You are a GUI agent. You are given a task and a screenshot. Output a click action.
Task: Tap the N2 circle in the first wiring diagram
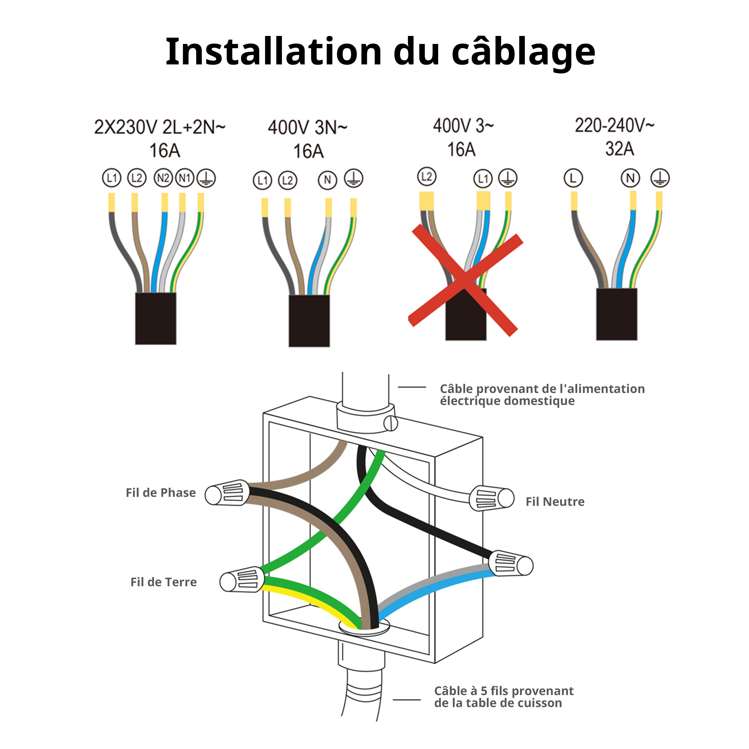(163, 178)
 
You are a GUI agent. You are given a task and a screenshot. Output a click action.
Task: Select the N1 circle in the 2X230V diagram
(185, 178)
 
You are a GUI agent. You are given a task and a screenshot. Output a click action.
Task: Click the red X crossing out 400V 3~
(465, 279)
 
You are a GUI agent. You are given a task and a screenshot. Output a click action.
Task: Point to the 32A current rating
(619, 149)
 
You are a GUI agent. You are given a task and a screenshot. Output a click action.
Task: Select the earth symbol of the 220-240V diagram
(660, 178)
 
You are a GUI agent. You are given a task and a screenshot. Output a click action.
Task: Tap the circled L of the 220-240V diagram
(573, 178)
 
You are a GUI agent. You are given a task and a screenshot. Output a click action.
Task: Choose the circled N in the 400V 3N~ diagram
(328, 180)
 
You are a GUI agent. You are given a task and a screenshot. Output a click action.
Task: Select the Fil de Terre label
(164, 582)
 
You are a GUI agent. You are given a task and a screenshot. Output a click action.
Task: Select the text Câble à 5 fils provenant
(504, 691)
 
